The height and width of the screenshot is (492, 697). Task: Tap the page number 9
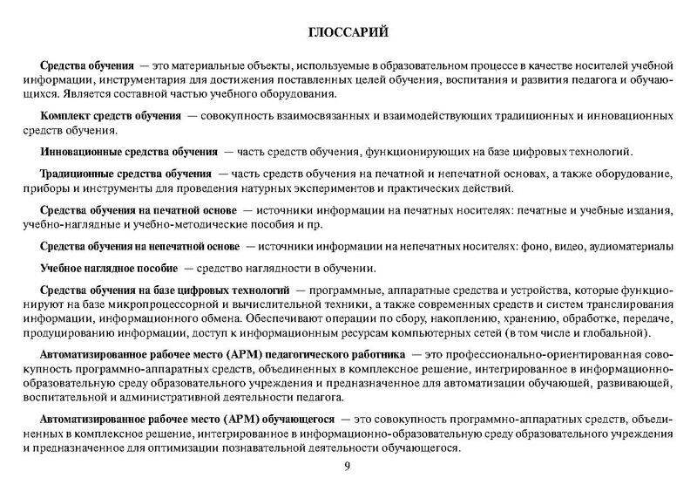click(348, 467)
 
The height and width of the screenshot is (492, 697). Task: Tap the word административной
click(165, 399)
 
